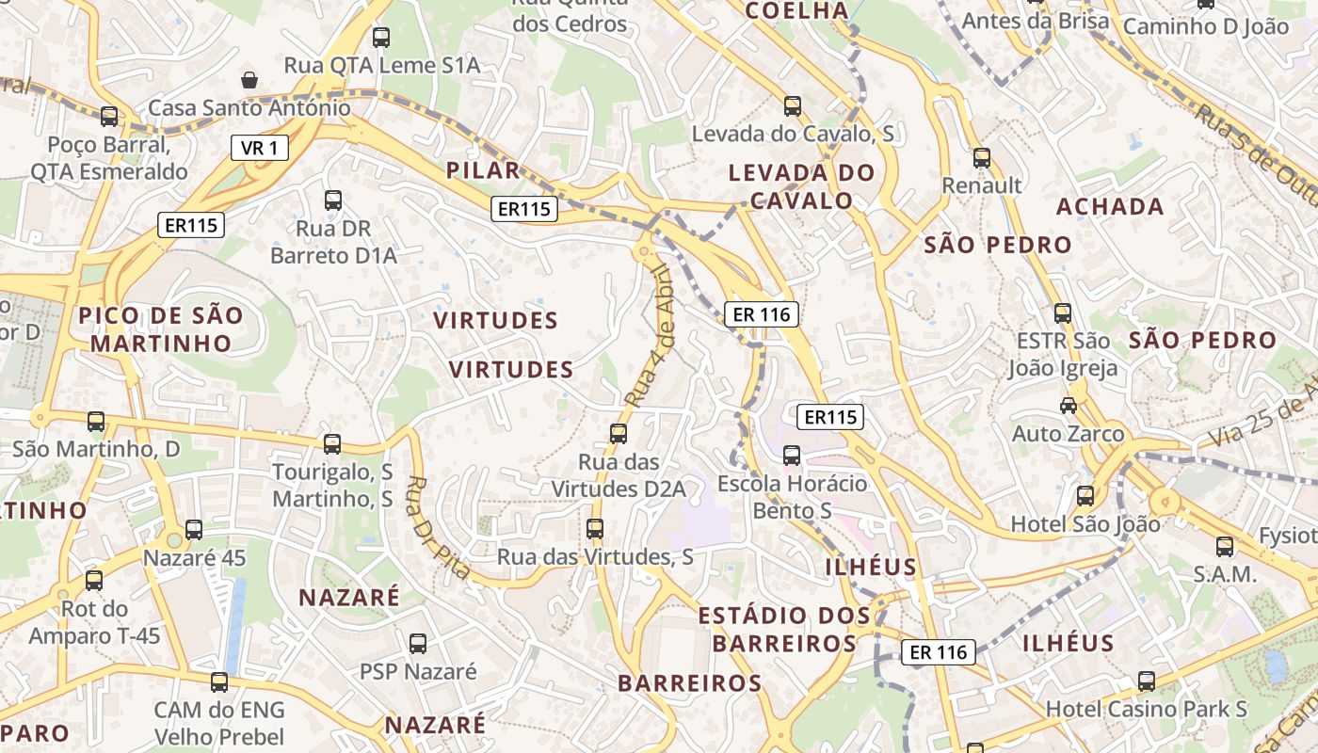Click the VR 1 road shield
pos(259,148)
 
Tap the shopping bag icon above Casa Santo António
pos(249,80)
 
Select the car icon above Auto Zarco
pos(1069,406)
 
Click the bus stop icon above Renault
pos(982,158)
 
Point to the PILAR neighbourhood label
pos(484,170)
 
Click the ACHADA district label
pos(1110,206)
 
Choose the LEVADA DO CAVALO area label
pos(802,186)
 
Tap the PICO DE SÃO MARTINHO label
pos(161,328)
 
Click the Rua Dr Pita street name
pos(440,527)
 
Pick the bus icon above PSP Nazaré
pos(418,645)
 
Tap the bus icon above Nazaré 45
pos(194,530)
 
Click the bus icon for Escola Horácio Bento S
pos(792,456)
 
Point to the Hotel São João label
pos(1085,523)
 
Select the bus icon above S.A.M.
pos(1225,546)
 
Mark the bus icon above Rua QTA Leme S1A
pos(381,38)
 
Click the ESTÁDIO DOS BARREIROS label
pos(784,630)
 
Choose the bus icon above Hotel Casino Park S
pos(1146,681)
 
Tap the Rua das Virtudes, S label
pos(595,557)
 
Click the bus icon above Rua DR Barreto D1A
pos(333,200)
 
